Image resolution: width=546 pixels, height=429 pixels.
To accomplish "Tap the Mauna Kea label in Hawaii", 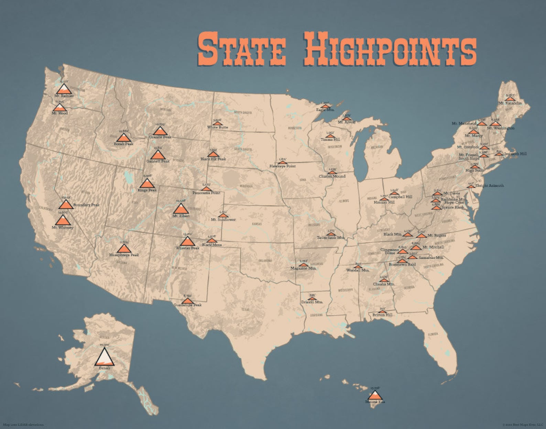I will tap(375, 401).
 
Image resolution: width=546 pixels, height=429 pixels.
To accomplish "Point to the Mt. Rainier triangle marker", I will tap(64, 89).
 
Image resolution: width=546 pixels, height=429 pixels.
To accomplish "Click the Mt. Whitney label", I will tap(63, 227).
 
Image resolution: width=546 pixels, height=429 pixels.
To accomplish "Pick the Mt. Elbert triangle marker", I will tap(181, 209).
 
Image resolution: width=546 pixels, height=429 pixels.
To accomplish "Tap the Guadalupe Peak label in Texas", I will tap(187, 305).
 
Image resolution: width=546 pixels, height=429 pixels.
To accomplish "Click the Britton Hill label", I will tap(382, 315).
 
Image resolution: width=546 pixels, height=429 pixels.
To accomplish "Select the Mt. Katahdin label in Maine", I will tap(510, 103).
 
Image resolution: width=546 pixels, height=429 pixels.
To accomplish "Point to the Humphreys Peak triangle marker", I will tap(124, 248).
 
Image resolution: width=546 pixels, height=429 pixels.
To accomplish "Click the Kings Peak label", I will tap(147, 190).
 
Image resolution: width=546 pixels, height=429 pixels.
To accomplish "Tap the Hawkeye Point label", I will tap(283, 166).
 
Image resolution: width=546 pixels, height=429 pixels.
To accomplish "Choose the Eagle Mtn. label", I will tap(325, 110).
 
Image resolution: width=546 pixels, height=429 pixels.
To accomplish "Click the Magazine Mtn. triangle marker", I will tap(303, 265).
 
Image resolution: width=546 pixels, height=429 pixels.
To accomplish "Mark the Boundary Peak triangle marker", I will tap(66, 205).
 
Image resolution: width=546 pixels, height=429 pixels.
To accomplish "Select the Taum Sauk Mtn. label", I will tap(330, 238).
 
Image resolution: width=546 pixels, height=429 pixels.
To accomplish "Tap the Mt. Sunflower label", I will tap(223, 219).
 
